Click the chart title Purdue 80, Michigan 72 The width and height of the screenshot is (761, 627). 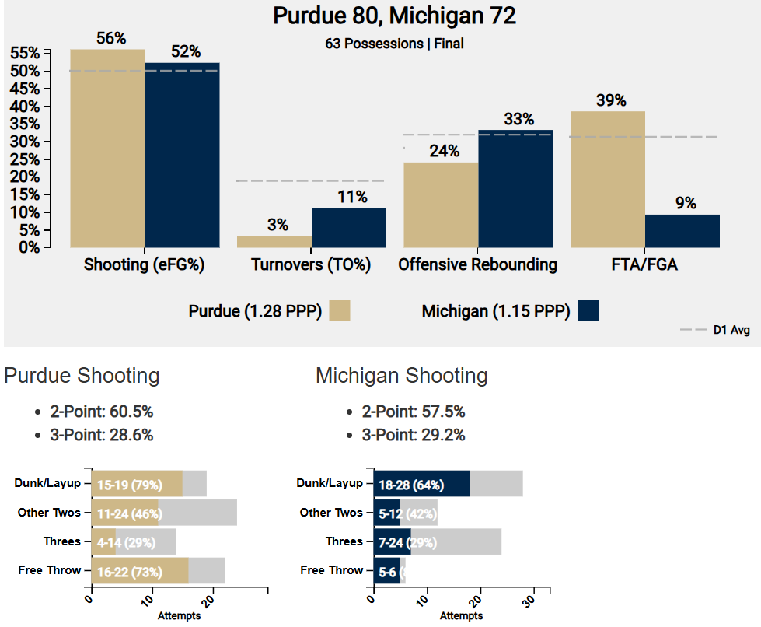pyautogui.click(x=394, y=16)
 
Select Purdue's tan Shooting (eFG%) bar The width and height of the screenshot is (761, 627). pyautogui.click(x=107, y=148)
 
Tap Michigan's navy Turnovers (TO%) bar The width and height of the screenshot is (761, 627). pyautogui.click(x=348, y=227)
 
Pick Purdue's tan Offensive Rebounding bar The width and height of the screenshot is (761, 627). pyautogui.click(x=441, y=205)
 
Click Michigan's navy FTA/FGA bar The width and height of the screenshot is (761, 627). pyautogui.click(x=682, y=230)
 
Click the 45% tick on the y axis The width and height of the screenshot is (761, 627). pyautogui.click(x=26, y=89)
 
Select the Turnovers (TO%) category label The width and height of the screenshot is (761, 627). pyautogui.click(x=311, y=264)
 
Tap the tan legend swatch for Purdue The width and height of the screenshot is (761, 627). pyautogui.click(x=340, y=311)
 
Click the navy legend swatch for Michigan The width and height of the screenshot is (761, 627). pyautogui.click(x=588, y=311)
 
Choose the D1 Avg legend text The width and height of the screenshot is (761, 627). pyautogui.click(x=731, y=331)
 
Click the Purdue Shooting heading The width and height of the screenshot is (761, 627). pyautogui.click(x=82, y=376)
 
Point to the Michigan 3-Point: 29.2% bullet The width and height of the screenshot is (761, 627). pyautogui.click(x=413, y=435)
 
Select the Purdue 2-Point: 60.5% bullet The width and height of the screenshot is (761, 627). pyautogui.click(x=101, y=412)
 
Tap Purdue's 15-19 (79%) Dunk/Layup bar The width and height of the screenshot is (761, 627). pyautogui.click(x=137, y=484)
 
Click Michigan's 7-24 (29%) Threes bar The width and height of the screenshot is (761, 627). pyautogui.click(x=392, y=541)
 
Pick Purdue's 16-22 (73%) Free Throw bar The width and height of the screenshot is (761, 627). pyautogui.click(x=140, y=571)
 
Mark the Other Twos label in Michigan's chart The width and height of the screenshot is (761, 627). pyautogui.click(x=331, y=513)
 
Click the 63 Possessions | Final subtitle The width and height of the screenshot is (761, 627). pyautogui.click(x=394, y=44)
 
